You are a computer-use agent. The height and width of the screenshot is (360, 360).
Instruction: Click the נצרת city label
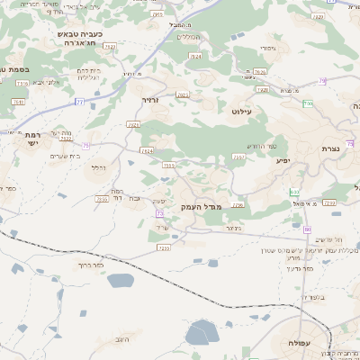[329, 148]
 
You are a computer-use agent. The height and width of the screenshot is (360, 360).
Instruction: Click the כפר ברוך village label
[92, 265]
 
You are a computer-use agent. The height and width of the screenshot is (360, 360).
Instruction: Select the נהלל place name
[98, 167]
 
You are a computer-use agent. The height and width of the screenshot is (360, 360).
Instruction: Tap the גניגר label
[233, 229]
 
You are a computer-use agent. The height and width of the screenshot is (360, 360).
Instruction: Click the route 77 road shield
[79, 102]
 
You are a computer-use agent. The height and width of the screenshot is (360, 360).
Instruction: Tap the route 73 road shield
[159, 213]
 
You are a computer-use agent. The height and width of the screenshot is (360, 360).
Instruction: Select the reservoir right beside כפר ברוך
[120, 280]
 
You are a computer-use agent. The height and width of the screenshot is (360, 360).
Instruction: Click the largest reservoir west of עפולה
[200, 335]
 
